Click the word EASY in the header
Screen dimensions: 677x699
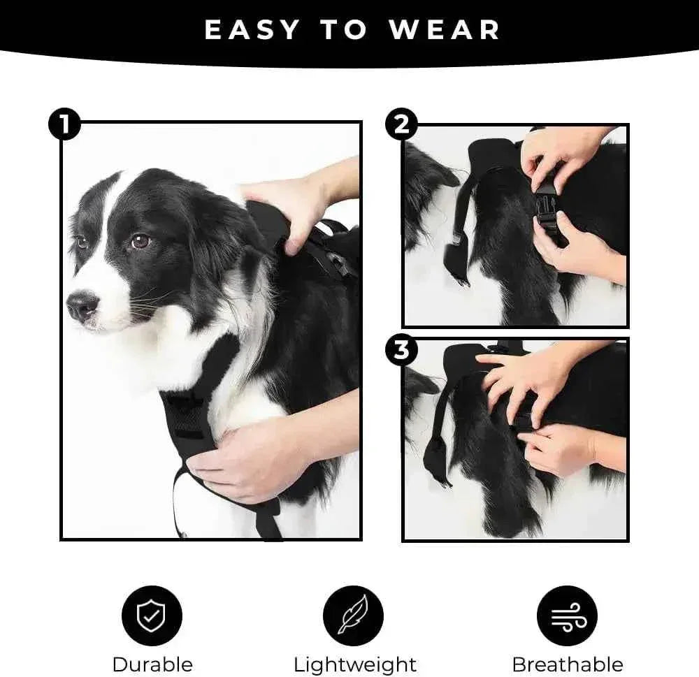pos(252,30)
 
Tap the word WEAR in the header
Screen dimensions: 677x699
pos(445,30)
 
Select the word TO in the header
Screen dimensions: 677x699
pos(344,30)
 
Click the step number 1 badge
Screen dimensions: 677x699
pos(64,126)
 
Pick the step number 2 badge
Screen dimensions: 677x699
pos(401,126)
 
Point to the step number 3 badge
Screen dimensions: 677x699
pos(401,350)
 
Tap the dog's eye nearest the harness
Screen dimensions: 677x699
pos(140,241)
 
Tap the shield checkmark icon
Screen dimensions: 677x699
pos(152,616)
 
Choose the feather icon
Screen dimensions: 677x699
pos(353,616)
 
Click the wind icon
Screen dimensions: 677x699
pos(566,616)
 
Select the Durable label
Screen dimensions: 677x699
pos(152,664)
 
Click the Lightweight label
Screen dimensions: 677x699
pos(354,664)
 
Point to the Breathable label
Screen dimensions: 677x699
pos(568,664)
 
